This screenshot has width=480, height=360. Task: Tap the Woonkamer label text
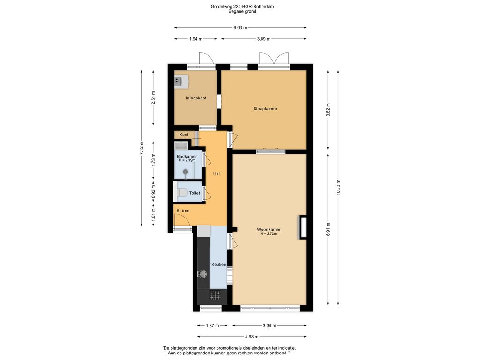pos(269,229)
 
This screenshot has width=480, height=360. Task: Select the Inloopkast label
pos(196,98)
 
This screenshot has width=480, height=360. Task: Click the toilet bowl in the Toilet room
pos(183,193)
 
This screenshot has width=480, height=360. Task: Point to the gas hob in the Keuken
pos(215,295)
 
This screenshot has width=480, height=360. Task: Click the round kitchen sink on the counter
pos(202,274)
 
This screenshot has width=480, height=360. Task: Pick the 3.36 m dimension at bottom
pos(269,325)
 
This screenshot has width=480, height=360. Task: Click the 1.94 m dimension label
pos(195,39)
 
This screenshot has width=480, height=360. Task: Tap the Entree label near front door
pos(183,211)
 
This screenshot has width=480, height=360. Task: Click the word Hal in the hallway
pos(216,173)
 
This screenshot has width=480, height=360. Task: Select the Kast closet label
pos(184,135)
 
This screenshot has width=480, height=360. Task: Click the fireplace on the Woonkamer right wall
pos(303,227)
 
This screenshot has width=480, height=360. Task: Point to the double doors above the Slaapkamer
pos(274,60)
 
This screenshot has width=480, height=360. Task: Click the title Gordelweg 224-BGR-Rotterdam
pos(240,7)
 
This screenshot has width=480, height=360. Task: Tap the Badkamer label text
pos(187,157)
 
